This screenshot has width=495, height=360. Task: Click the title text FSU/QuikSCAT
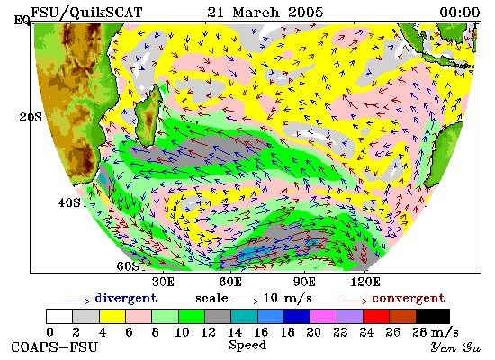pos(86,13)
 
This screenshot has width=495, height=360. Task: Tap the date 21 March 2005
pos(265,13)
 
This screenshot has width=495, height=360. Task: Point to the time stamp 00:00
pos(460,13)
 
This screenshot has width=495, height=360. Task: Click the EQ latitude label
pos(22,20)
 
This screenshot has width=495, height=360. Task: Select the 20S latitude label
pos(31,118)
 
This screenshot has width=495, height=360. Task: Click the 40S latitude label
pos(69,202)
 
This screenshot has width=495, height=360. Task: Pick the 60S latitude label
pos(128,266)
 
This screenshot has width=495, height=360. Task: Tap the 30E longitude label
pos(163,282)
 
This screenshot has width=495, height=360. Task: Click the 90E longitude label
pos(304,282)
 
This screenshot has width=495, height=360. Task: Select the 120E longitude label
pos(365,282)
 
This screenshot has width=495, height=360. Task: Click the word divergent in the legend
pos(126,299)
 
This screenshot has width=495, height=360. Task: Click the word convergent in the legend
pos(409,299)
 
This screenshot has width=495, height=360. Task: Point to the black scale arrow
pos(246,301)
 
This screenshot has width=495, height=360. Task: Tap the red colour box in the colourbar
pos(376,317)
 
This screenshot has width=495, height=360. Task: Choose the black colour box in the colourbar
pos(433,317)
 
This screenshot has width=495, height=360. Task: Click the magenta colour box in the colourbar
pos(323,317)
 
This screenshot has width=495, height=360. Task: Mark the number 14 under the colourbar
pos(235,332)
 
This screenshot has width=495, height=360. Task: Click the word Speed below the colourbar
pos(247,346)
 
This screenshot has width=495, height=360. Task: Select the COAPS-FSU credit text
pos(54,347)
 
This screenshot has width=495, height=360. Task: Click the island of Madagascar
pos(148,116)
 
